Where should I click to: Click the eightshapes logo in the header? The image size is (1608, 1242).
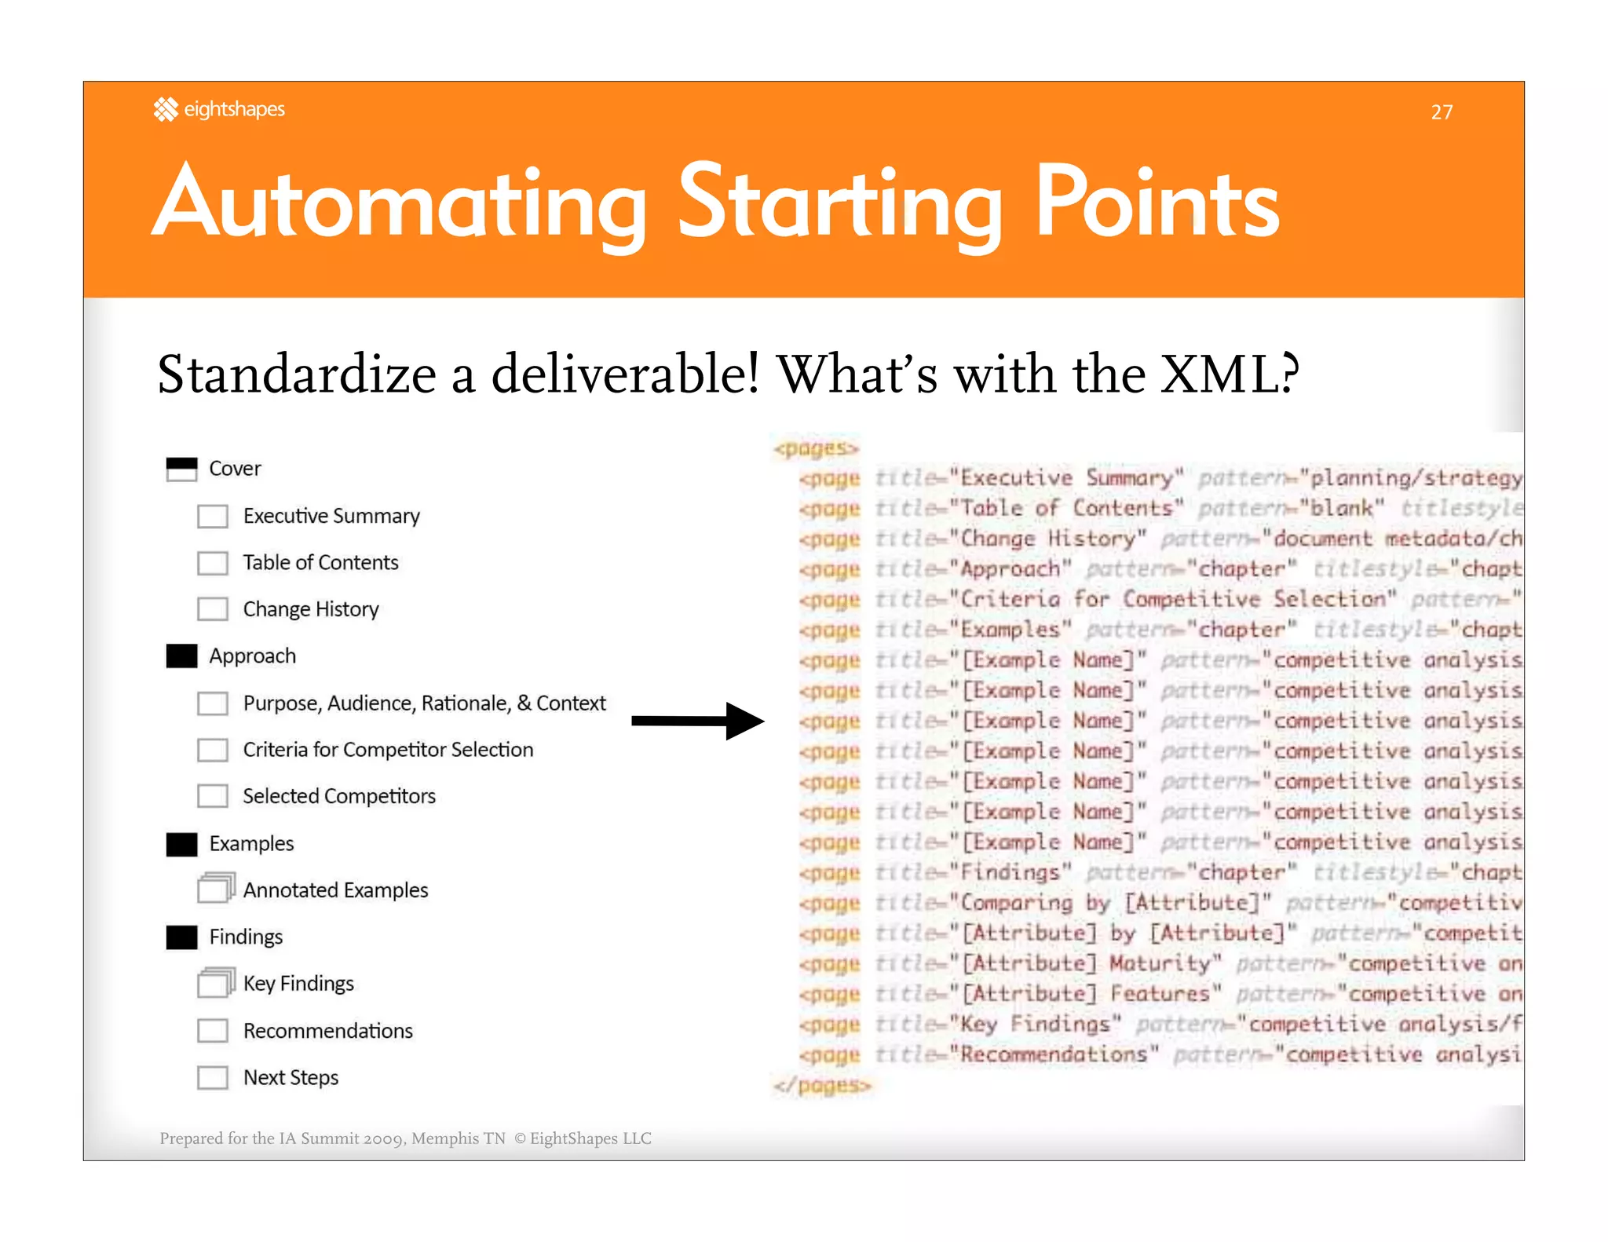click(x=219, y=109)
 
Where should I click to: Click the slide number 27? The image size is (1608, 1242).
click(x=1441, y=112)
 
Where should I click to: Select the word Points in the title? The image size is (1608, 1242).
click(x=1157, y=203)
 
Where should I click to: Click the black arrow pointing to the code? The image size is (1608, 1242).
click(x=697, y=721)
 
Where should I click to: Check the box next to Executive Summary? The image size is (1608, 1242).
click(x=213, y=516)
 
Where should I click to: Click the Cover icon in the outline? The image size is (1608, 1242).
click(x=181, y=469)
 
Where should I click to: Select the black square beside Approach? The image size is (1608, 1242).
click(x=181, y=656)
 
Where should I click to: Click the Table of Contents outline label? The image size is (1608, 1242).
click(x=320, y=562)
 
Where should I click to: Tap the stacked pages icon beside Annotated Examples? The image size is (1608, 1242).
click(x=215, y=888)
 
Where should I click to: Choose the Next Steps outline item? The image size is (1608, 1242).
click(x=291, y=1077)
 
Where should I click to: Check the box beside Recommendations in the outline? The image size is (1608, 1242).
click(x=213, y=1030)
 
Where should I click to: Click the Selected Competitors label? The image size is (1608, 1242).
click(x=338, y=796)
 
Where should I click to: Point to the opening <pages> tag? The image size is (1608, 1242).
click(x=816, y=448)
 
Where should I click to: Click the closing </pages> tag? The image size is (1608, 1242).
click(x=821, y=1085)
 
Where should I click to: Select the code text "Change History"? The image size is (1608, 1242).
click(x=1047, y=539)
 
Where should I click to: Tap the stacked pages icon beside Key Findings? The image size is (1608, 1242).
click(x=215, y=982)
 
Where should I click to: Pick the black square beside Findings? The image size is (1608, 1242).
click(x=181, y=937)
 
